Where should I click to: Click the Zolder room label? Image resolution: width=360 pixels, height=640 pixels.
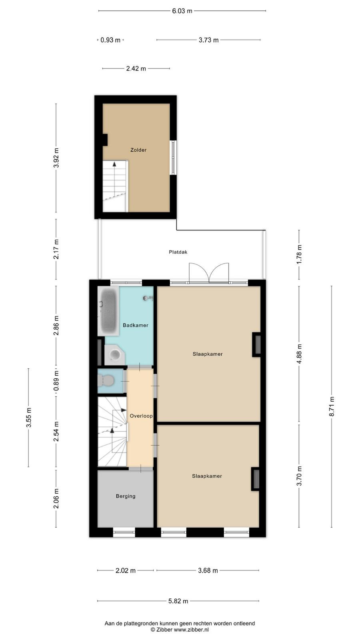[x=138, y=150]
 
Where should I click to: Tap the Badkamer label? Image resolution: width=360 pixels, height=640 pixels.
[x=136, y=325]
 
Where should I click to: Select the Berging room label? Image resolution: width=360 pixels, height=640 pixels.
[x=126, y=496]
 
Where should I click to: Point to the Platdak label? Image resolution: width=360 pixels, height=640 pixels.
[x=178, y=252]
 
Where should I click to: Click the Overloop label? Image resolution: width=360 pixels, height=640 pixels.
[x=141, y=416]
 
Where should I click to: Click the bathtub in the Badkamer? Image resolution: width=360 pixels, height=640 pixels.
[x=108, y=311]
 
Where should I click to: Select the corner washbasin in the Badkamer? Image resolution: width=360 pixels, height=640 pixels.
[x=114, y=355]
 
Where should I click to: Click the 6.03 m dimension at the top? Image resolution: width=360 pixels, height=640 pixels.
[x=182, y=11]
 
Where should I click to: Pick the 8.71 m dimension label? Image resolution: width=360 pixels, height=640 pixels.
[x=332, y=406]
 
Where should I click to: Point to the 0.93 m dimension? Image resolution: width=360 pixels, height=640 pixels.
[x=110, y=40]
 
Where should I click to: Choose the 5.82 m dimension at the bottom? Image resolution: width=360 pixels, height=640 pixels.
[x=178, y=601]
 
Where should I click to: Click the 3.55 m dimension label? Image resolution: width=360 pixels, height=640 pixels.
[x=28, y=418]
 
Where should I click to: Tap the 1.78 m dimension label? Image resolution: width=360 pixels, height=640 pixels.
[x=299, y=254]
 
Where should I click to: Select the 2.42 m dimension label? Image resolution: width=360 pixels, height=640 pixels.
[x=136, y=68]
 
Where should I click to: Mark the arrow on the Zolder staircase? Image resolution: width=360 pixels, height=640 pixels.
[x=114, y=178]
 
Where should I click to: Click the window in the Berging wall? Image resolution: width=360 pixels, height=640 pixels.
[x=124, y=532]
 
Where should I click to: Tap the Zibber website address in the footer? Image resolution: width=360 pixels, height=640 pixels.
[x=191, y=630]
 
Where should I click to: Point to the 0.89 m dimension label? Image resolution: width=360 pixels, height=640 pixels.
[x=56, y=380]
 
